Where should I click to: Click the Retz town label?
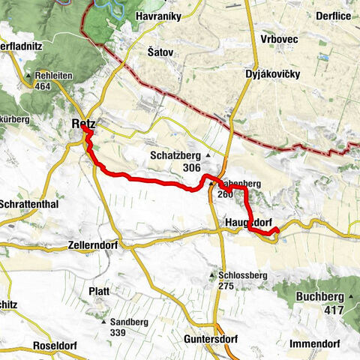pos(81,123)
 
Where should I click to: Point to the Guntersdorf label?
pos(210,339)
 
